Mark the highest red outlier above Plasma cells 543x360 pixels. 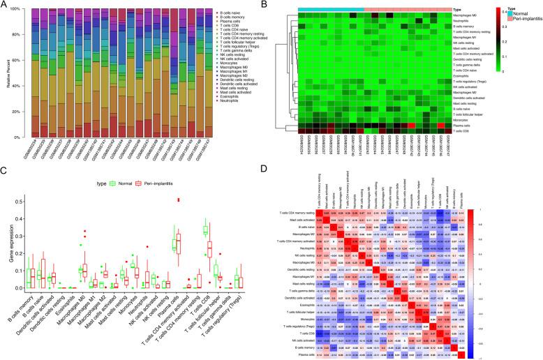(179, 199)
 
